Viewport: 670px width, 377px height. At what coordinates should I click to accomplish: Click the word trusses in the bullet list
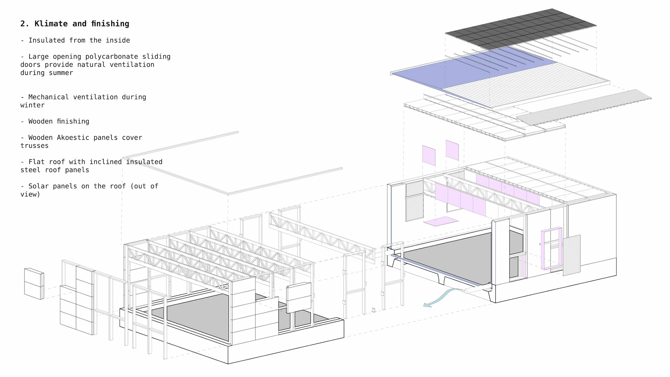[34, 146]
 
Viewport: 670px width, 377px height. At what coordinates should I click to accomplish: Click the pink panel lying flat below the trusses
[441, 221]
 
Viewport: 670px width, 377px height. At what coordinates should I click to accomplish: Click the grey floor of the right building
[454, 258]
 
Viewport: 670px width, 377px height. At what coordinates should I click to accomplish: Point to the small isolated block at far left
[34, 283]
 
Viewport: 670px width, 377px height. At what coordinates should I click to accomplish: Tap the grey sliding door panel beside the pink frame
[571, 255]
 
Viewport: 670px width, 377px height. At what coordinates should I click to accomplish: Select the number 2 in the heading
[23, 24]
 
